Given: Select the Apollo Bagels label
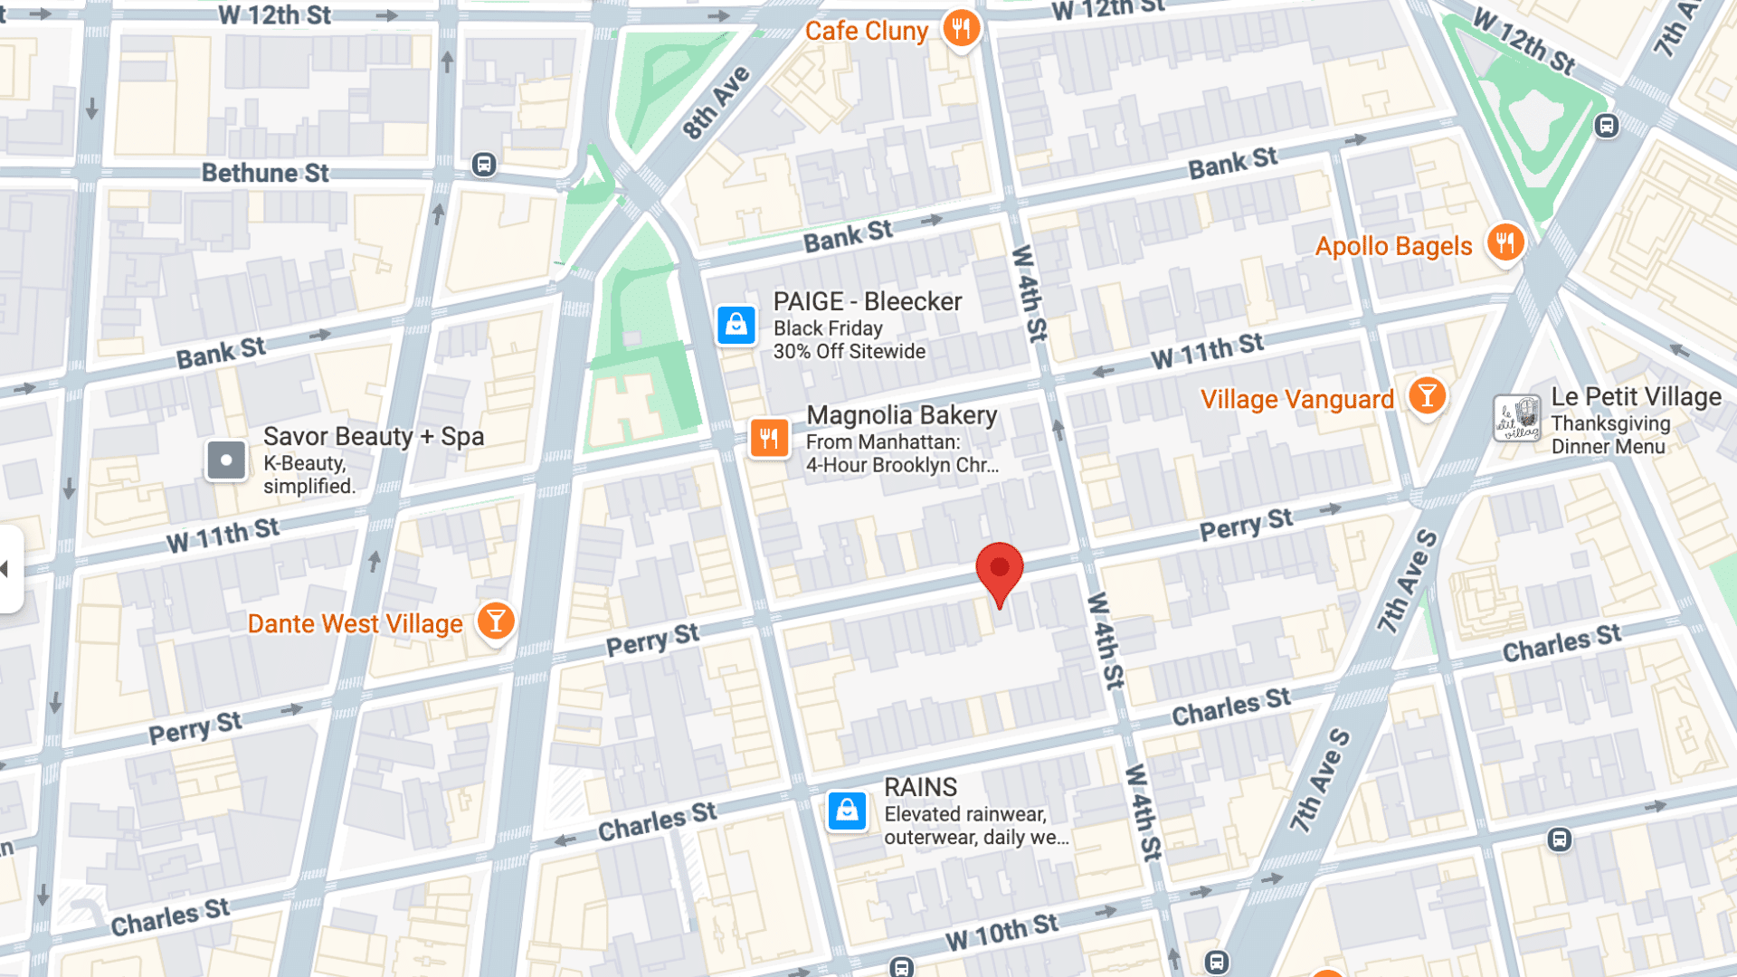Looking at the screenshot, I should coord(1393,246).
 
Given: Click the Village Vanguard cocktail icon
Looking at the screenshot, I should coord(1427,396).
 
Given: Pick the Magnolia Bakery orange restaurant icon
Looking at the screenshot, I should coord(769,439).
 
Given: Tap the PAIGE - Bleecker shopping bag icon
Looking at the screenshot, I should coord(736,325).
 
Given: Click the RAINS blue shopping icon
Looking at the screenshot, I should coord(848,811).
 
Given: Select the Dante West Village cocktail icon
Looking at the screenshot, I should coord(496,621).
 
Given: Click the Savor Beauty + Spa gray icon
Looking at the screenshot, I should coord(226,460).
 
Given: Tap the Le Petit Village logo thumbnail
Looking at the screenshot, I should coord(1517,419).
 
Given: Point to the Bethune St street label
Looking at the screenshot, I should coord(265,173).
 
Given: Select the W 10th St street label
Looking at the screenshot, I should coord(1001,932).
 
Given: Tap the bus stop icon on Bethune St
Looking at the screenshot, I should coord(484,165).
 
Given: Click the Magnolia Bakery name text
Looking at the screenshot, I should coord(901,415).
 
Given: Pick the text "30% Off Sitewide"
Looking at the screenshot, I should coord(849,352).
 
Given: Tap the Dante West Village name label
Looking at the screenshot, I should coord(355,624).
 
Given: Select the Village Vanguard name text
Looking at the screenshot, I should coord(1296,399).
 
